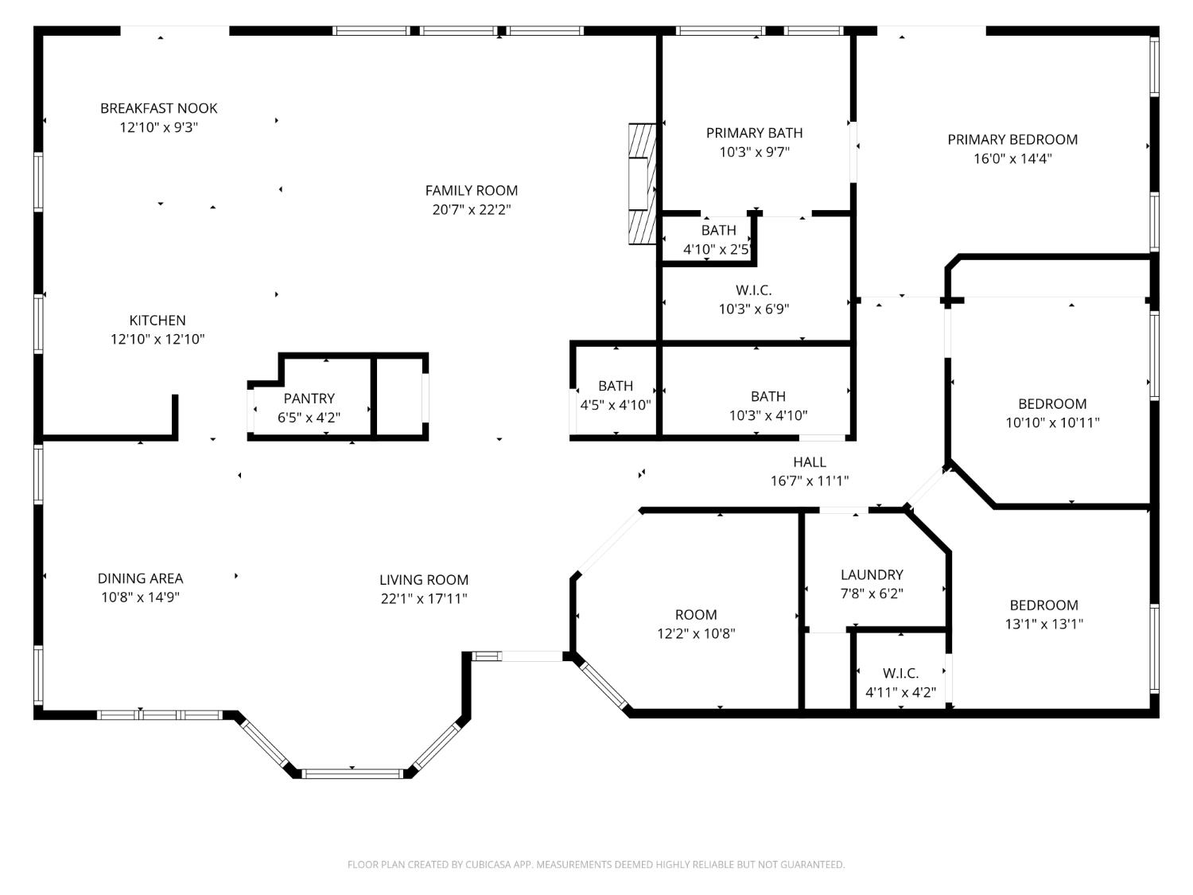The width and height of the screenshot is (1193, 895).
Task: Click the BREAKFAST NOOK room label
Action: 158,108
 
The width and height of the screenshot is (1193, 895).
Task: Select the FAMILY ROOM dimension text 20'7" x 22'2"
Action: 472,210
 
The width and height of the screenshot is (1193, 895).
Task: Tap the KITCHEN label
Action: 157,321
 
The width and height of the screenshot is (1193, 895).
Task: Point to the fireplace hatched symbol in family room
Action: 642,184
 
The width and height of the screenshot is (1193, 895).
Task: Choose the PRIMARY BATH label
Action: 754,133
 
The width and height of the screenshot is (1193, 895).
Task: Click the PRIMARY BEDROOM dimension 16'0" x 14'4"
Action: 1012,158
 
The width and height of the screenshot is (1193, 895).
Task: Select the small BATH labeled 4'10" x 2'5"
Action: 718,239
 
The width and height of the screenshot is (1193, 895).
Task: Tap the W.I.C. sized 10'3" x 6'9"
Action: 753,300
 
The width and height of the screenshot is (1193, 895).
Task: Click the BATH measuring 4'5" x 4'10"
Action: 615,395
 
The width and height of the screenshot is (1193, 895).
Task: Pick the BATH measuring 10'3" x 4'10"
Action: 767,406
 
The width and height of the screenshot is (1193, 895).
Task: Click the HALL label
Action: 809,462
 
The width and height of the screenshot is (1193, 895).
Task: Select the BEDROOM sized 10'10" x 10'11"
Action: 1052,413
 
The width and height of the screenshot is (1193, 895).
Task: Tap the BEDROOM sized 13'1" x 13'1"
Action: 1043,614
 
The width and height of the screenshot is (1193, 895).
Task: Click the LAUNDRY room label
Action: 872,574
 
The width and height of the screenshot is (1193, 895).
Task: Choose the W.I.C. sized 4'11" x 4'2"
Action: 900,683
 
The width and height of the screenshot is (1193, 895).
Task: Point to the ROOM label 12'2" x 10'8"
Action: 696,615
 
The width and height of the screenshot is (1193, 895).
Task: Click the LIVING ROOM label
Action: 423,580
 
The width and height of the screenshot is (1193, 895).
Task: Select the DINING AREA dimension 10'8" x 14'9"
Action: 140,598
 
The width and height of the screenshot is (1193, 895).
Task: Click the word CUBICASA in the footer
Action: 488,865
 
